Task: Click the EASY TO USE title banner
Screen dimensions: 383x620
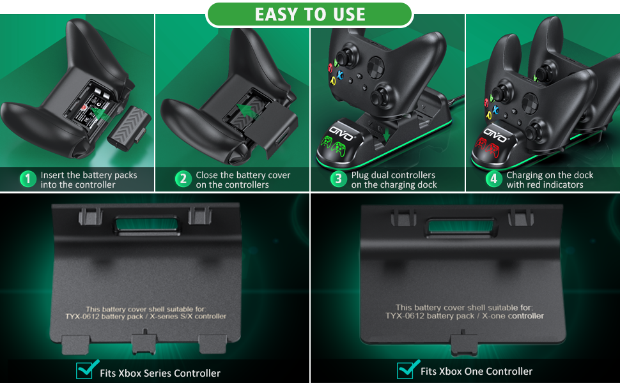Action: point(310,14)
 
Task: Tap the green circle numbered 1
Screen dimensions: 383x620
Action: point(27,179)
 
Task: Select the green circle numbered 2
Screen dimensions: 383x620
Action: point(183,179)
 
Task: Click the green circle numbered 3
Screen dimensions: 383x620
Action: point(339,179)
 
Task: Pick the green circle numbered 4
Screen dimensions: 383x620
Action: point(493,179)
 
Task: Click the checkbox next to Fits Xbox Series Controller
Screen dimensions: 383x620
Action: point(84,370)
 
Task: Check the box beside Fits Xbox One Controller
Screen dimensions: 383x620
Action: point(405,370)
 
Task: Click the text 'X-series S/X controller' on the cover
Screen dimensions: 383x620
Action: point(186,316)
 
